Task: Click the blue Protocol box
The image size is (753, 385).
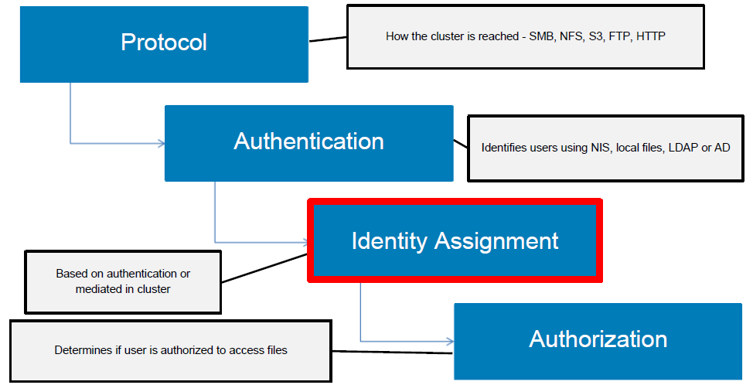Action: (164, 43)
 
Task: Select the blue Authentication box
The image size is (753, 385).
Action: (308, 142)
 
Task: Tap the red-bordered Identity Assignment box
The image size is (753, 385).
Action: (455, 240)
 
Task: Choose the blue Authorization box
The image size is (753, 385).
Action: (598, 339)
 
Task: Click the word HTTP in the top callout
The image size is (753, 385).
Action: (651, 36)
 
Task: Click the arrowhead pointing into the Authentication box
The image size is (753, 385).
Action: (161, 143)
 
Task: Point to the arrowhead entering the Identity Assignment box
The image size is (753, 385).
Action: (304, 242)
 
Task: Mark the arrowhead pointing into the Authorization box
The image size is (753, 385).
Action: (449, 341)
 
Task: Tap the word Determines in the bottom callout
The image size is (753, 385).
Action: (82, 350)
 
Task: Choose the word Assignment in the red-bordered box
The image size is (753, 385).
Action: (506, 240)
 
